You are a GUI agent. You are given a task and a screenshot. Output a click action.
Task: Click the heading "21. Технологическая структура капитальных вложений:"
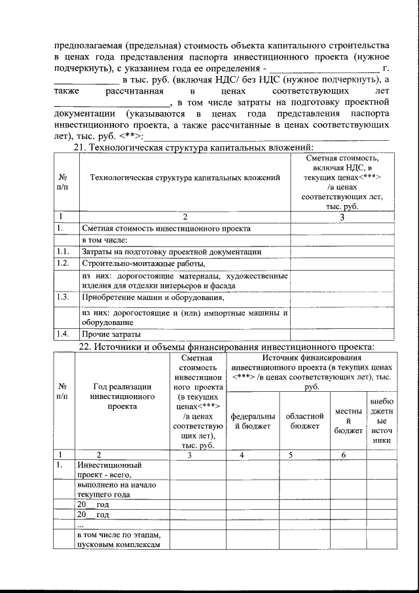[196, 148]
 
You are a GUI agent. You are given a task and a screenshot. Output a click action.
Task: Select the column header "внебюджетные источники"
[381, 421]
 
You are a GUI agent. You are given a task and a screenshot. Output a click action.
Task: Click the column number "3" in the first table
[342, 216]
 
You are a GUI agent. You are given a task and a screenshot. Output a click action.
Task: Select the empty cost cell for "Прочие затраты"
[342, 335]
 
